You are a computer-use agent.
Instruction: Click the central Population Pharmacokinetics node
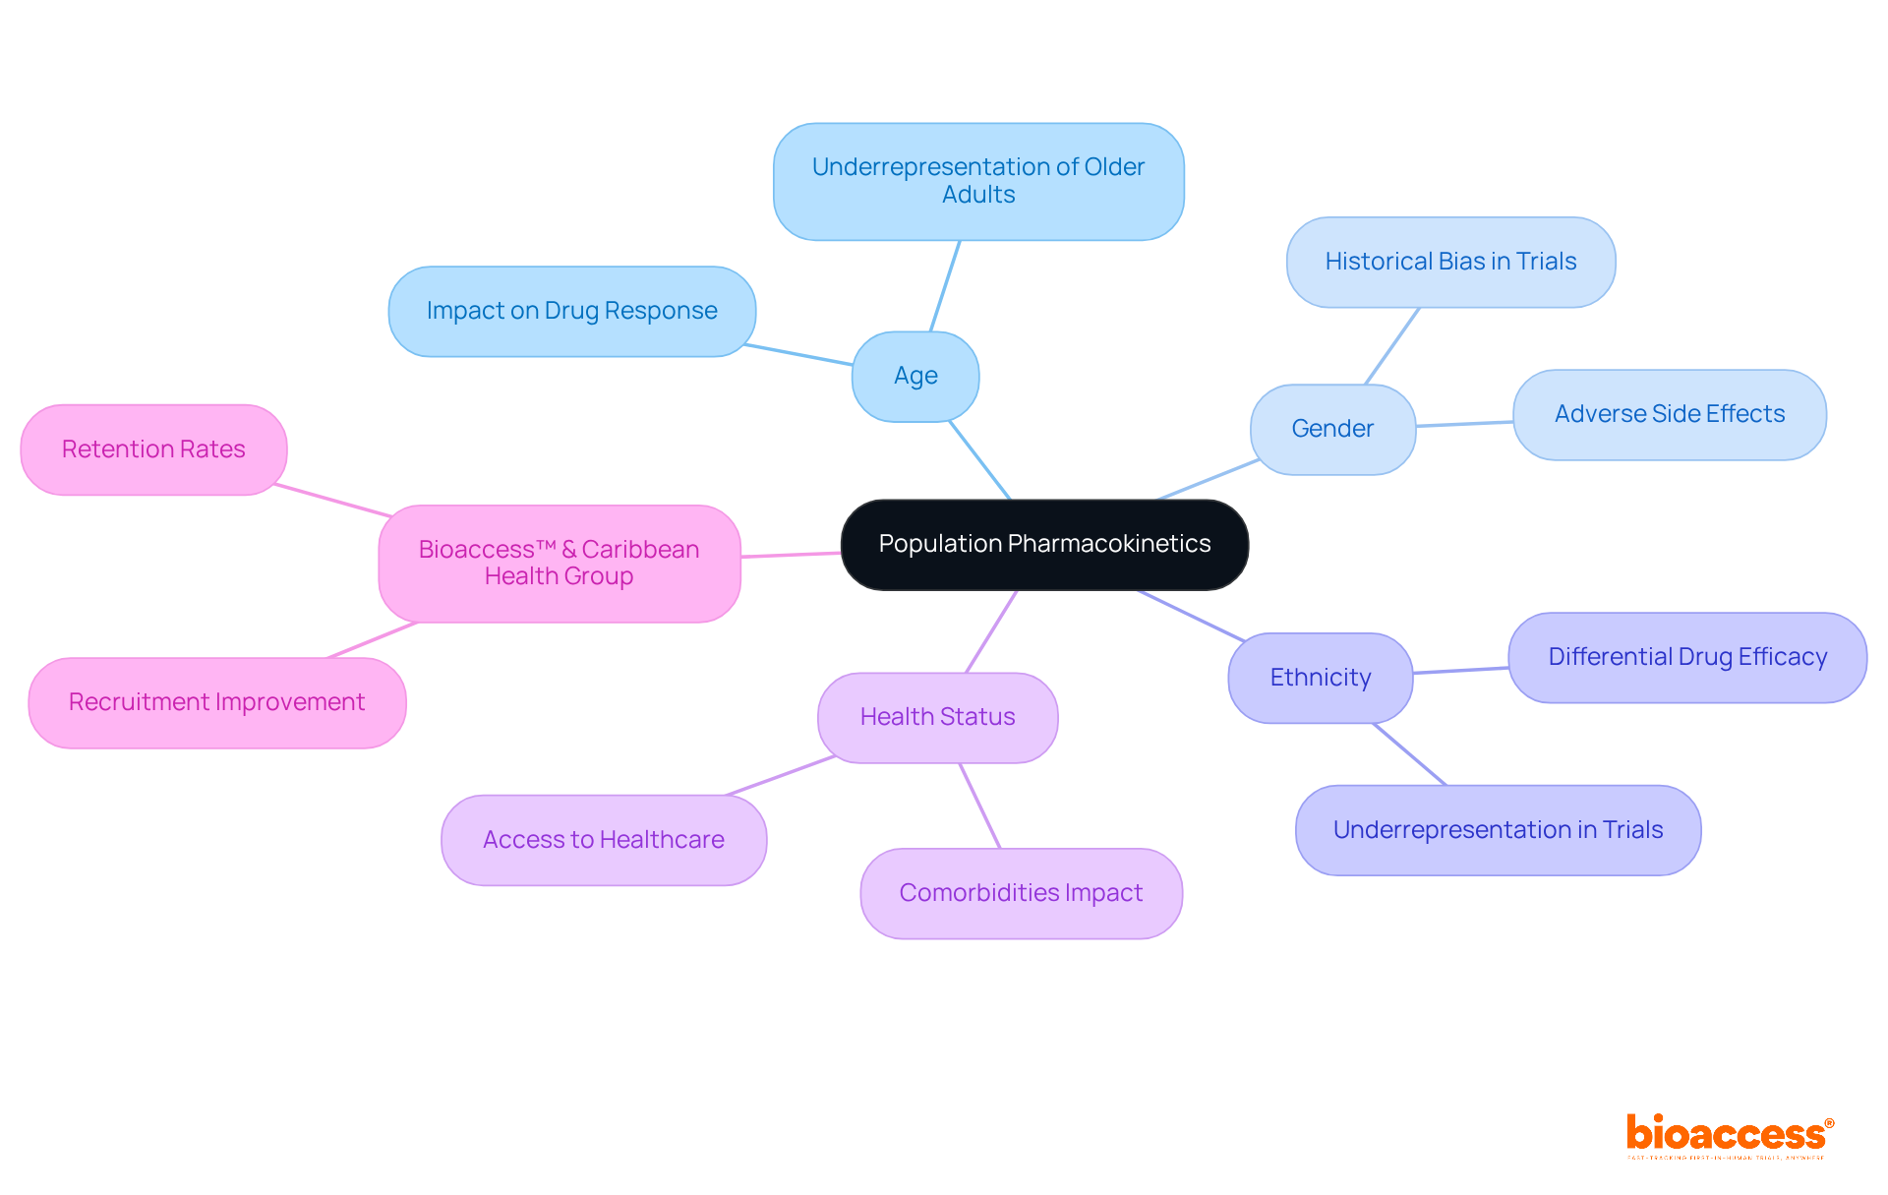coord(1044,544)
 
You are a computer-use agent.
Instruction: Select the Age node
coord(915,376)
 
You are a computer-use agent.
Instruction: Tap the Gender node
coord(1332,429)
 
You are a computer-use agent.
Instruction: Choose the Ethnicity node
coord(1320,678)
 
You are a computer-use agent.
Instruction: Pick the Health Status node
coord(937,717)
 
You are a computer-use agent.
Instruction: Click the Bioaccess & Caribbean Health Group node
coord(559,563)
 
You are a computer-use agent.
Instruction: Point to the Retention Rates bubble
coord(153,449)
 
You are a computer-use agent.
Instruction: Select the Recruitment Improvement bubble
coord(216,702)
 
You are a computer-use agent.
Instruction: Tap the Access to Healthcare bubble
coord(603,840)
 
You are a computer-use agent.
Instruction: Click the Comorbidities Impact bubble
coord(1021,893)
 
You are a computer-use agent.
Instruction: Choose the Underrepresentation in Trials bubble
coord(1498,830)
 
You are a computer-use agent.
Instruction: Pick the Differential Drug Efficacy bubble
coord(1687,657)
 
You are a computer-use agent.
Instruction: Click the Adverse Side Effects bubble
coord(1669,414)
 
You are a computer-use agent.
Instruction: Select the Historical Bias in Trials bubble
coord(1450,262)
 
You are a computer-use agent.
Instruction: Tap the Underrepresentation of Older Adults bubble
coord(978,181)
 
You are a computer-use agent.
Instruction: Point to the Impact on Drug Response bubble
coord(571,311)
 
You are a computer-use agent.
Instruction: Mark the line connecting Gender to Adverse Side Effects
coord(1464,424)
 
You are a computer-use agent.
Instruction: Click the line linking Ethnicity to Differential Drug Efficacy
coord(1460,671)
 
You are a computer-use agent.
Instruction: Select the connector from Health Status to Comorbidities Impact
coord(979,806)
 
